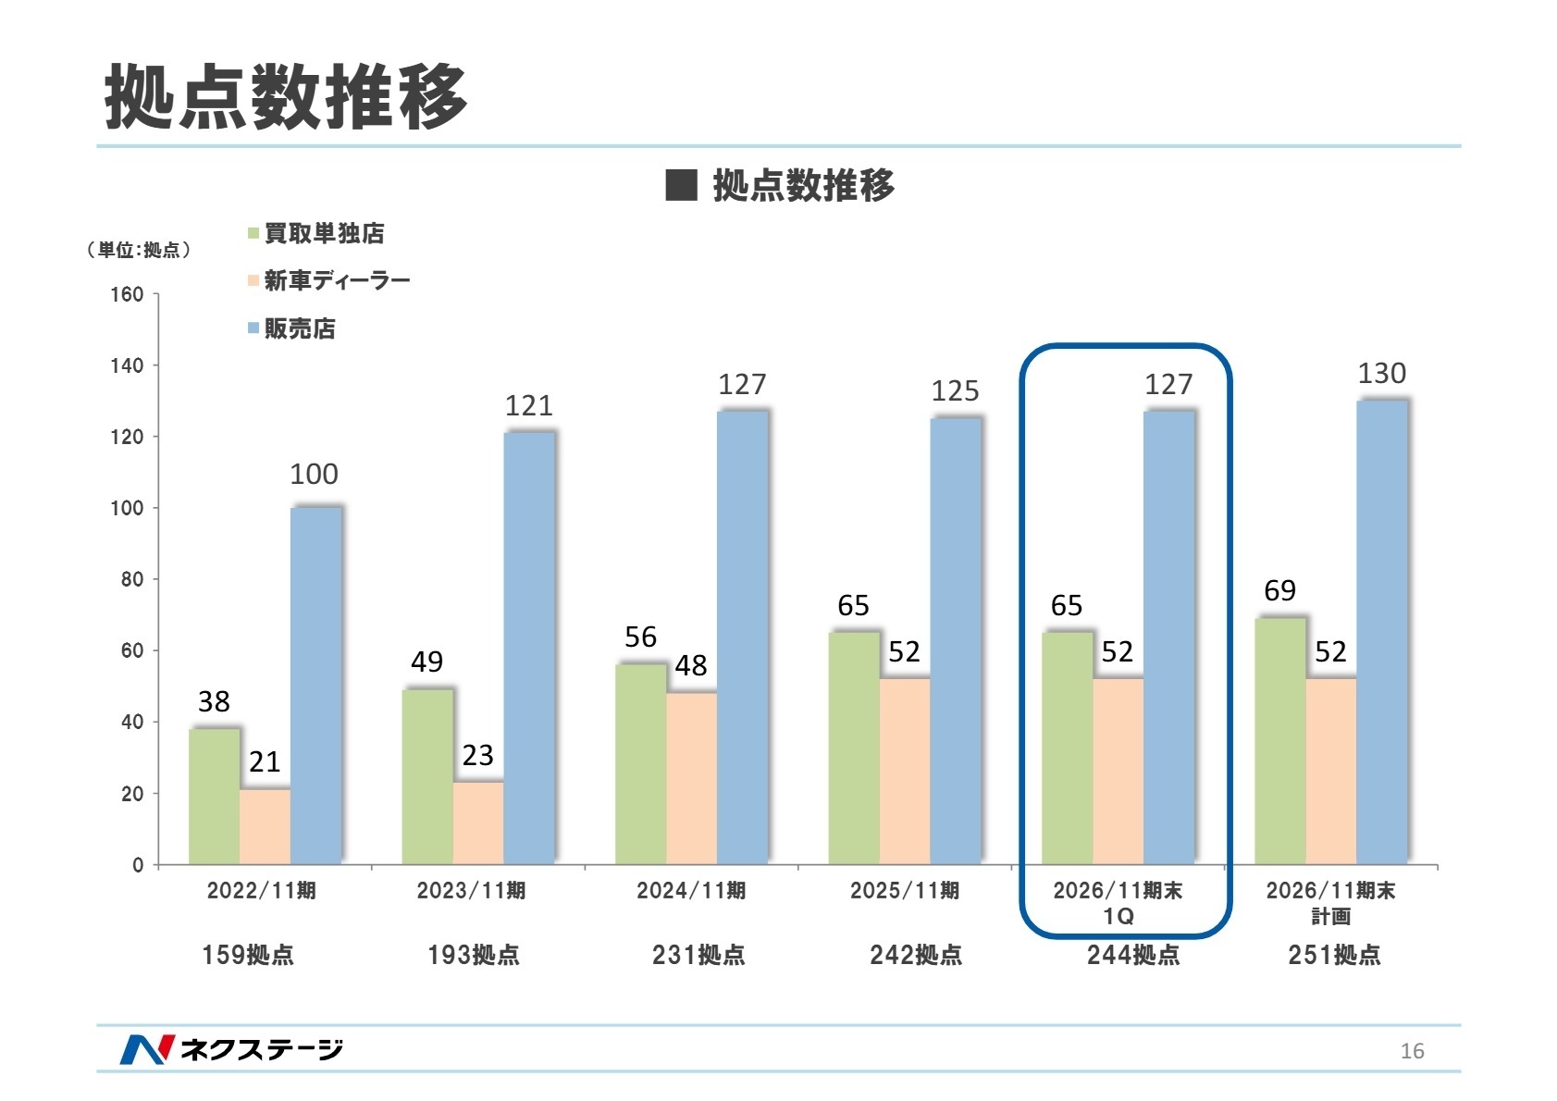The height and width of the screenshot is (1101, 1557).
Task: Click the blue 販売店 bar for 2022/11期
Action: click(x=315, y=686)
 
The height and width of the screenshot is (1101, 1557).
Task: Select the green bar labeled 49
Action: click(x=426, y=776)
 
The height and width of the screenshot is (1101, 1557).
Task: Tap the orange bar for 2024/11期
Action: click(x=691, y=778)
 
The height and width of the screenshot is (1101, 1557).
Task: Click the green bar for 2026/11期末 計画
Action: click(x=1279, y=740)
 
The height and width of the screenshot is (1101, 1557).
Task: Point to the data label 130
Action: click(x=1381, y=374)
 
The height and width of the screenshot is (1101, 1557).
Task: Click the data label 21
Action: click(x=265, y=761)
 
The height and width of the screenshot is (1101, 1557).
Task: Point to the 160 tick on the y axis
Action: click(x=127, y=294)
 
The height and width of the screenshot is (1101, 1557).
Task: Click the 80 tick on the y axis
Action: click(x=132, y=579)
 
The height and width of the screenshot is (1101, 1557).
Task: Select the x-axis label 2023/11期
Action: click(x=471, y=890)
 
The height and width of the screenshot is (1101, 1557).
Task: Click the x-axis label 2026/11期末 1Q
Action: click(x=1118, y=902)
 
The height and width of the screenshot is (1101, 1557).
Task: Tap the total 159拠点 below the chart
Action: click(x=248, y=955)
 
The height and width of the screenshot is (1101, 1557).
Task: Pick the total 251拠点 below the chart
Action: click(x=1333, y=955)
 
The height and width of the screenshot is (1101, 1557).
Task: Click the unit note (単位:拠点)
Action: click(x=139, y=250)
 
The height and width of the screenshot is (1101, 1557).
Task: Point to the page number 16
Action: click(x=1412, y=1050)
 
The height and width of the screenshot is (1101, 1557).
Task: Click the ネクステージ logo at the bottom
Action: click(x=231, y=1048)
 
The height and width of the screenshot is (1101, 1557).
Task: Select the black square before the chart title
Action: click(x=681, y=185)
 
